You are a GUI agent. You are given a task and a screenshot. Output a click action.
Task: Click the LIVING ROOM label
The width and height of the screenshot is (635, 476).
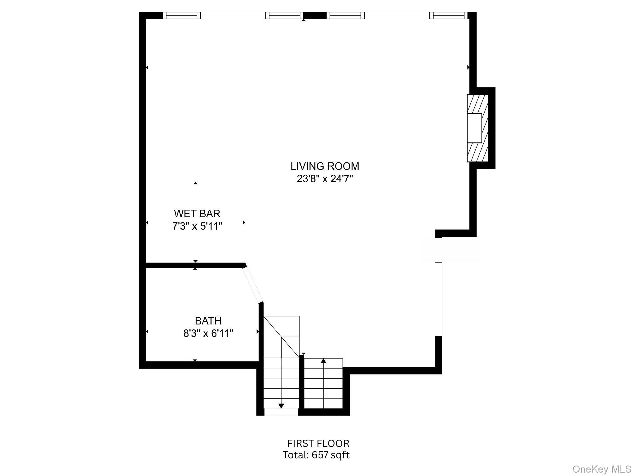[x=325, y=166]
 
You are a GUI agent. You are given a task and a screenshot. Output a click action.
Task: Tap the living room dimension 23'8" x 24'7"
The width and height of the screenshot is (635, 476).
[x=325, y=179]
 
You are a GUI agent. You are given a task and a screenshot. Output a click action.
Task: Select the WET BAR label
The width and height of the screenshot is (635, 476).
[x=197, y=214]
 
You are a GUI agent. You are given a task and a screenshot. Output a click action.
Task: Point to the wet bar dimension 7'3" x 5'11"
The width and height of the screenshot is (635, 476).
[x=197, y=227]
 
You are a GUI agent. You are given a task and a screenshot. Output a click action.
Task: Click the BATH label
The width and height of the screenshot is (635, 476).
[x=208, y=321]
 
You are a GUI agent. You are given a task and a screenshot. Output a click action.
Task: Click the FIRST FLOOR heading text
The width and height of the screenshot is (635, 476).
[x=318, y=443]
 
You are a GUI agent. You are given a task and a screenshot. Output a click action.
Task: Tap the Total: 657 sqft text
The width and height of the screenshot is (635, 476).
[x=316, y=455]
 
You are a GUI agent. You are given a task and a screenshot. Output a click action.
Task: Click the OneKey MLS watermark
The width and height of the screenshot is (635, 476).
[x=602, y=469]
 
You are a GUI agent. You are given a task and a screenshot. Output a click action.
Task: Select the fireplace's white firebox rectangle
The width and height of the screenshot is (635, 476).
[x=474, y=128]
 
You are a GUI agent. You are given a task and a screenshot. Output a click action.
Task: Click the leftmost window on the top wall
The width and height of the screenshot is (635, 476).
[x=182, y=15]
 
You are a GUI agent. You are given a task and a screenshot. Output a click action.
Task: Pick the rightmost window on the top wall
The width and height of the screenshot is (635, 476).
[x=448, y=15]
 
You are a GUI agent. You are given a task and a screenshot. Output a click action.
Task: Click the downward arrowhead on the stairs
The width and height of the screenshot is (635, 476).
[x=281, y=406]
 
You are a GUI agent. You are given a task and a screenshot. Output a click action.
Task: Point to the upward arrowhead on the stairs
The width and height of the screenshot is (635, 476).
[x=323, y=361]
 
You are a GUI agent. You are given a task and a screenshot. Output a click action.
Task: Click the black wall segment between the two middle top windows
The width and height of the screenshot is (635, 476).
[x=315, y=15]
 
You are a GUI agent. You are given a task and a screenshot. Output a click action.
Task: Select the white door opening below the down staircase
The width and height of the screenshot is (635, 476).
[x=281, y=412]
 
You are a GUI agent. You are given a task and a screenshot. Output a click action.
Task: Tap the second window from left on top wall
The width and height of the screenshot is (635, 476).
[x=284, y=15]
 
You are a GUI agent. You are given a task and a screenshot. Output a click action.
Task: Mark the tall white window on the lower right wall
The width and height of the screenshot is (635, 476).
[x=438, y=299]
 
